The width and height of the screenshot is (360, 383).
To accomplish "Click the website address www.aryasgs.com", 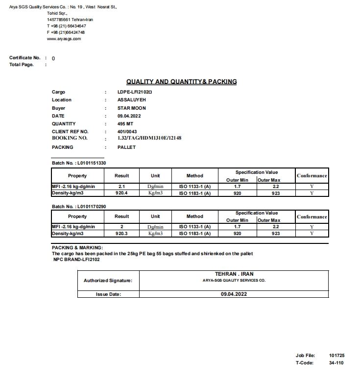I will (x=64, y=39).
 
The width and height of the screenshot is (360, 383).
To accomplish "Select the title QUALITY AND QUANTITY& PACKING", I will (x=181, y=82).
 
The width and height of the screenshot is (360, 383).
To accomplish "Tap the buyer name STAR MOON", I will (x=132, y=108).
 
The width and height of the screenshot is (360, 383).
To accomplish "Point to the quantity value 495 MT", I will (x=125, y=124).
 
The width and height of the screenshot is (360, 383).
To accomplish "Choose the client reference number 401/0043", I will (x=127, y=132).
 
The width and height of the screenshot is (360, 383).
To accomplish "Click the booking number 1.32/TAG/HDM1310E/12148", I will (x=149, y=138).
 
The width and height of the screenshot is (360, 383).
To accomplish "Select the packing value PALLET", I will (x=126, y=147).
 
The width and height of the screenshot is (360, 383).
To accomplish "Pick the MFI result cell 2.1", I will (x=122, y=187).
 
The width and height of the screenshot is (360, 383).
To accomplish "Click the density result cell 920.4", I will (x=122, y=193).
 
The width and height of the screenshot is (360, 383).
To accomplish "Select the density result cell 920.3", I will (x=122, y=234).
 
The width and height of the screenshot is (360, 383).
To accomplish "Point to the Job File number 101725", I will (x=336, y=356).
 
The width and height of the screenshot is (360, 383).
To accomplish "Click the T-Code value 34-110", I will (x=336, y=363).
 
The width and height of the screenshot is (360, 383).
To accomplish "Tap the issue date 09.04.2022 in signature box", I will (x=234, y=294).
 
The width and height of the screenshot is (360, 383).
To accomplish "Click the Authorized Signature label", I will (x=108, y=281).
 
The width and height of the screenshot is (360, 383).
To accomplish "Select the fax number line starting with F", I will (x=66, y=32).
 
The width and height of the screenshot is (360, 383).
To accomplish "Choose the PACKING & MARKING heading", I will (x=77, y=248).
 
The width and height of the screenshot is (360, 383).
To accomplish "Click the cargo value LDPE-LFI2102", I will (x=135, y=92).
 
